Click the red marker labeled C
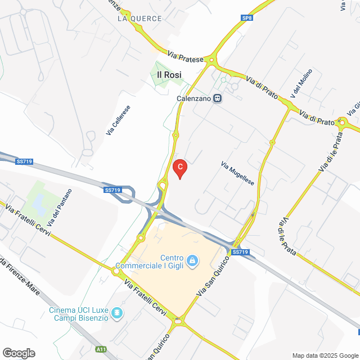pos(179,167)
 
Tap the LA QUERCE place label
pos(139,19)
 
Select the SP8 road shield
pos(247,18)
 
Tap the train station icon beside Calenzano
pos(217,98)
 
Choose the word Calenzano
pos(193,98)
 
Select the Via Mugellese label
pos(237,174)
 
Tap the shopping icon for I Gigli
pos(192,260)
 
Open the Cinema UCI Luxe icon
pos(117,313)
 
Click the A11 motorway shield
pos(101,349)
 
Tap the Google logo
pos(18,353)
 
